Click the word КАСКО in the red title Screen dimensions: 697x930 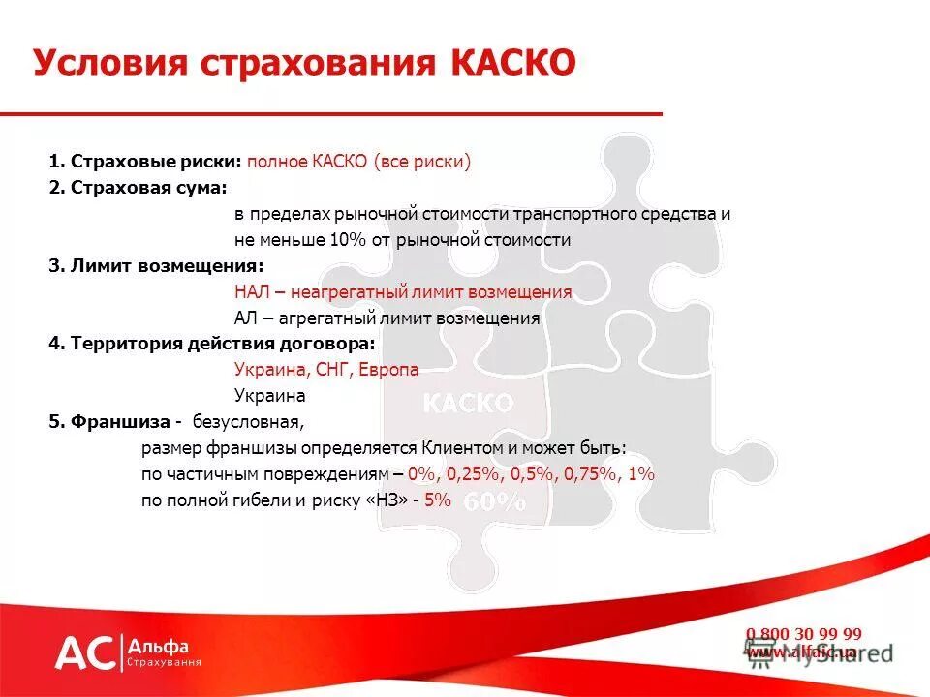512,64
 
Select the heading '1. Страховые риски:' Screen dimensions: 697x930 145,162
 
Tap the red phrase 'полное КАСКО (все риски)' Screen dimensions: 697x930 358,162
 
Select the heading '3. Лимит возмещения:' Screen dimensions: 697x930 156,265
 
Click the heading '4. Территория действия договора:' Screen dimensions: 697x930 211,344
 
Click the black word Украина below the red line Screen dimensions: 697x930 269,396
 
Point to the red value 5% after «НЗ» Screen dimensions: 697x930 438,500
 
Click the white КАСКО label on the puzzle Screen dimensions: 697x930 467,403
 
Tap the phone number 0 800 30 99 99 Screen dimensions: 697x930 803,634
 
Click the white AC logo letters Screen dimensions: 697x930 85,653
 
